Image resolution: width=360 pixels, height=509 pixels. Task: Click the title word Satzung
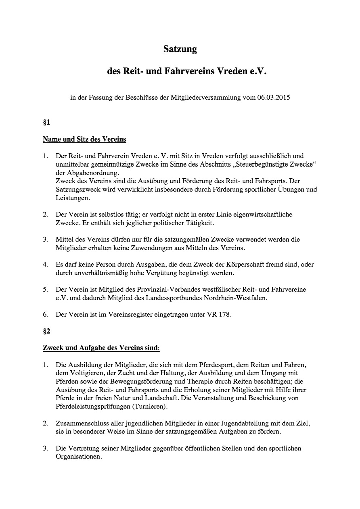tap(180, 49)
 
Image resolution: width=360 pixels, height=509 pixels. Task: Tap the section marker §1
tap(46, 122)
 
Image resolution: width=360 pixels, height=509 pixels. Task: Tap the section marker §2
tap(46, 332)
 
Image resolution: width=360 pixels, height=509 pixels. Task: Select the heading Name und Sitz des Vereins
tap(84, 140)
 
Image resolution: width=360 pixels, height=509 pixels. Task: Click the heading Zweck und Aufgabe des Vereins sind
tap(101, 348)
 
